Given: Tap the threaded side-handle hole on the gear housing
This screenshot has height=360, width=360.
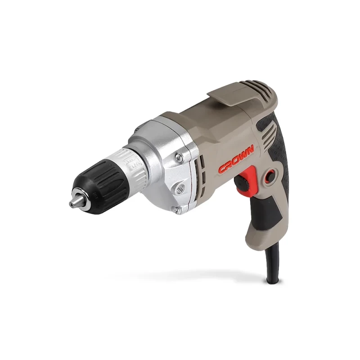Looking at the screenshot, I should pyautogui.click(x=182, y=184).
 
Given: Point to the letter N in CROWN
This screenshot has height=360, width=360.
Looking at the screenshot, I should pyautogui.click(x=250, y=148).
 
